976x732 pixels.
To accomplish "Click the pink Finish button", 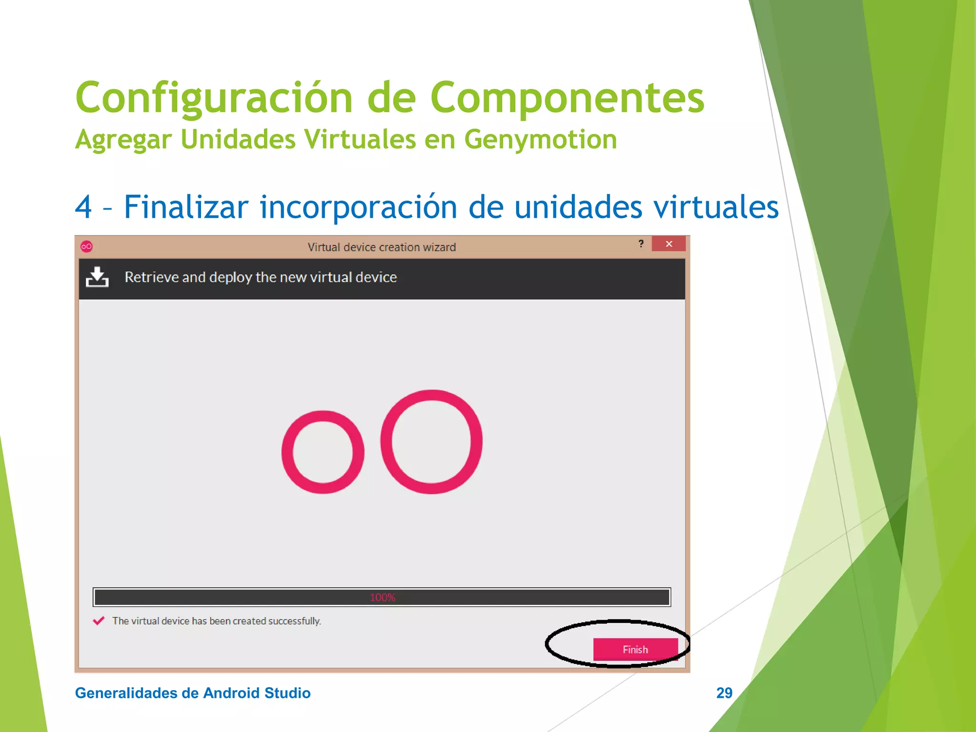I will click(x=635, y=649).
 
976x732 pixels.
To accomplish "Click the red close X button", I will click(x=669, y=244).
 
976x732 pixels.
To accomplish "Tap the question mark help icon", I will click(x=641, y=244).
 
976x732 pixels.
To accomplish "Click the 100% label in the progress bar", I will click(x=382, y=597).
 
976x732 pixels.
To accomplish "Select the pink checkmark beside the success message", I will click(x=99, y=620).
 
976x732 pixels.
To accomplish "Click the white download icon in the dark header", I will click(x=97, y=277).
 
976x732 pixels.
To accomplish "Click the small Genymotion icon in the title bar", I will click(x=87, y=246).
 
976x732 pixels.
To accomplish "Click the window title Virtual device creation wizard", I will click(x=381, y=247).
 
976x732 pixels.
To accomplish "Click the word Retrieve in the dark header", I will click(x=152, y=277).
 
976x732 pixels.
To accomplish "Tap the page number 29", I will click(x=724, y=692).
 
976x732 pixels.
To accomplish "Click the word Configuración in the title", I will click(x=213, y=98).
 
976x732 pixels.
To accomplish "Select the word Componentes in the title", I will click(x=567, y=98).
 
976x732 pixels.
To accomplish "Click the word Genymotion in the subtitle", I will click(x=540, y=139).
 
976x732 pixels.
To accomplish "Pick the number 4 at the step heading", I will click(x=84, y=207).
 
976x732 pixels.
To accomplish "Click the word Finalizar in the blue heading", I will click(x=186, y=207).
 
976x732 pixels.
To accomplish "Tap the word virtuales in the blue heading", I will click(x=715, y=207).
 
